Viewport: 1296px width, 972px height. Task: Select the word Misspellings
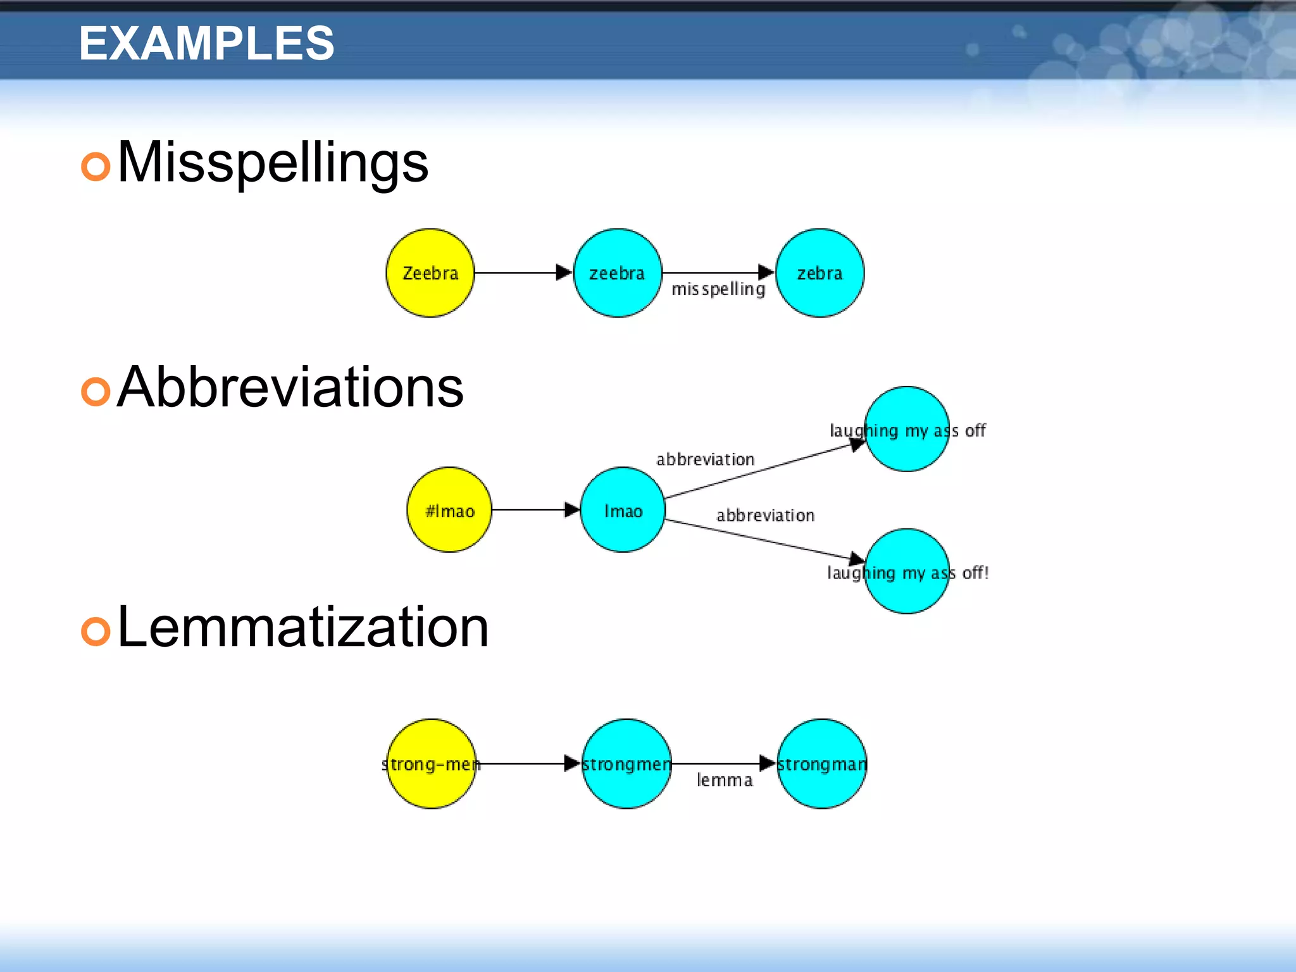pos(273,163)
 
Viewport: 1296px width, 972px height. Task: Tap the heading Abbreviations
pos(290,387)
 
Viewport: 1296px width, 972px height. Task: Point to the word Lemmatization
pos(303,627)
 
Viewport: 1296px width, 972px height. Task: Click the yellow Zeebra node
pos(430,273)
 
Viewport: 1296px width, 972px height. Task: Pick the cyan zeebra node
pos(618,273)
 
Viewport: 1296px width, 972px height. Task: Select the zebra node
pos(819,273)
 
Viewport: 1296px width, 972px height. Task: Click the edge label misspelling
pos(718,289)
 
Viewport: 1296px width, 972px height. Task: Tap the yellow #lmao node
pos(449,510)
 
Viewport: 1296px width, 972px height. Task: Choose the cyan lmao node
pos(623,510)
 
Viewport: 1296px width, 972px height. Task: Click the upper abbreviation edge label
pos(705,459)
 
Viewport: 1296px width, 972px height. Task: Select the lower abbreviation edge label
pos(765,516)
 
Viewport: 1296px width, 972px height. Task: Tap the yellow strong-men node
pos(431,764)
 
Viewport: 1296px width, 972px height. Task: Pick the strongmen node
pos(626,764)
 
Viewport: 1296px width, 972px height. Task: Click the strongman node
pos(821,764)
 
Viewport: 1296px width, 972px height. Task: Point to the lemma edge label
pos(725,780)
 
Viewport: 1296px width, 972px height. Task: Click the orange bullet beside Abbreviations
pos(96,392)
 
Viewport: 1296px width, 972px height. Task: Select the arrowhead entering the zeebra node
pos(564,273)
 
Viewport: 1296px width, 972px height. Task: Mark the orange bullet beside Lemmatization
pos(96,631)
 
